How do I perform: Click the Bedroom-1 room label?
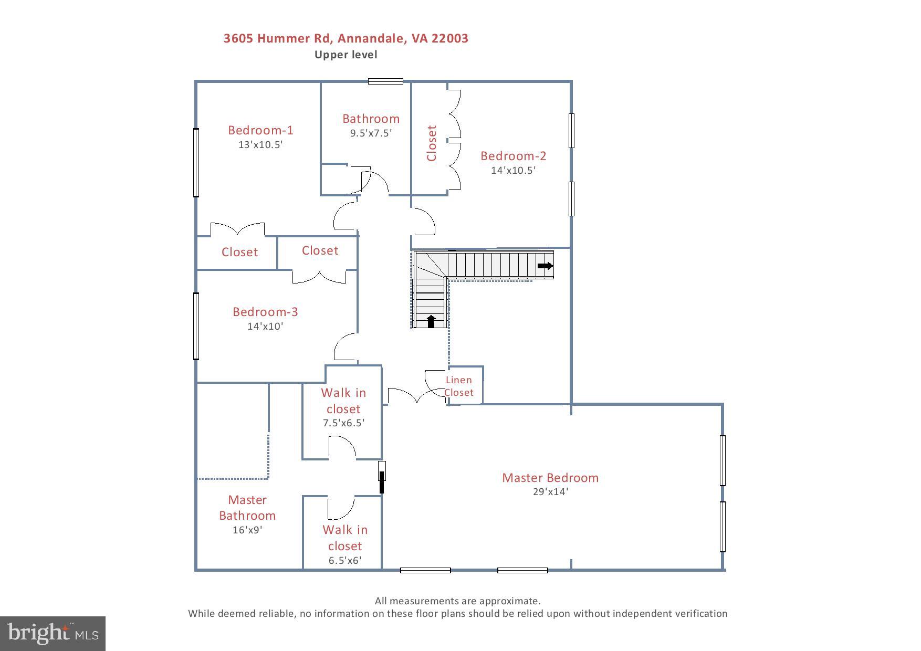coord(260,130)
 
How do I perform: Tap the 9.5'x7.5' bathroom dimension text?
coord(371,133)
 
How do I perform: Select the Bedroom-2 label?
coord(513,156)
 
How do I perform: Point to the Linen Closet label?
coord(458,386)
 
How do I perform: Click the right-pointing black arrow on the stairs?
coord(546,266)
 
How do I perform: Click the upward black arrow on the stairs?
coord(431,321)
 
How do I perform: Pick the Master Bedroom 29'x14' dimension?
coord(550,492)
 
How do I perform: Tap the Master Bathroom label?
coord(247,508)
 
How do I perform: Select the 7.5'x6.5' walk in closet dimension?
coord(343,423)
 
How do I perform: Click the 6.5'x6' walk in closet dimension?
coord(344,561)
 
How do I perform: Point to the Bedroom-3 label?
coord(265,312)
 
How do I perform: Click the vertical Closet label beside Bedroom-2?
coord(432,143)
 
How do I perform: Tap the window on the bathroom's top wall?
coord(385,81)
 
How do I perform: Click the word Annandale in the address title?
coord(371,38)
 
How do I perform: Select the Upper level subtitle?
coord(346,55)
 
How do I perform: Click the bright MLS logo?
coord(53,633)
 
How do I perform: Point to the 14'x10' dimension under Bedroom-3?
coord(265,327)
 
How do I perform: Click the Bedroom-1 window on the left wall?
coord(196,163)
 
